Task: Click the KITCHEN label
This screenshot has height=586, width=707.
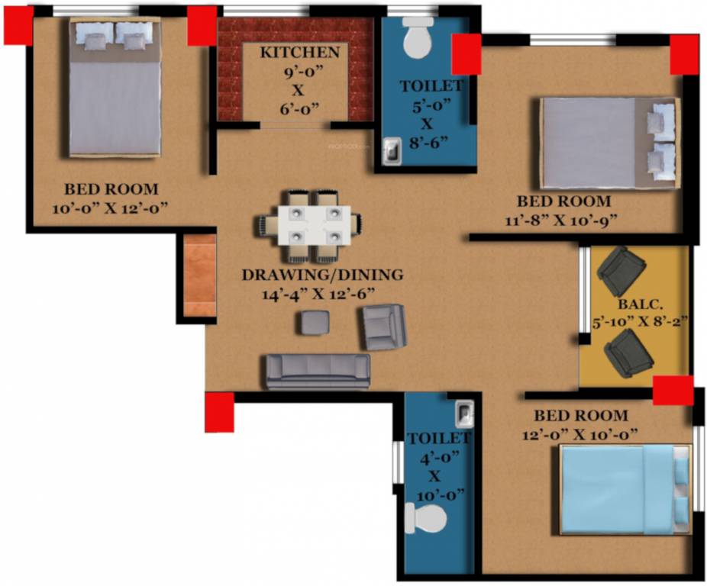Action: pyautogui.click(x=299, y=53)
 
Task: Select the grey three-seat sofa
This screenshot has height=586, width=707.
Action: pyautogui.click(x=318, y=371)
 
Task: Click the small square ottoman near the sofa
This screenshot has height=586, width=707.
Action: pyautogui.click(x=312, y=323)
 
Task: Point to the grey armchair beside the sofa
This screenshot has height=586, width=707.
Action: pyautogui.click(x=384, y=326)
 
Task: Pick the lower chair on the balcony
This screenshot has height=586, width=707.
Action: pyautogui.click(x=628, y=353)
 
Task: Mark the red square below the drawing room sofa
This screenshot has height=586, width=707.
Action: pyautogui.click(x=219, y=412)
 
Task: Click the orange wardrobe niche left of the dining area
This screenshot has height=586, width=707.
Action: pyautogui.click(x=200, y=275)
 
